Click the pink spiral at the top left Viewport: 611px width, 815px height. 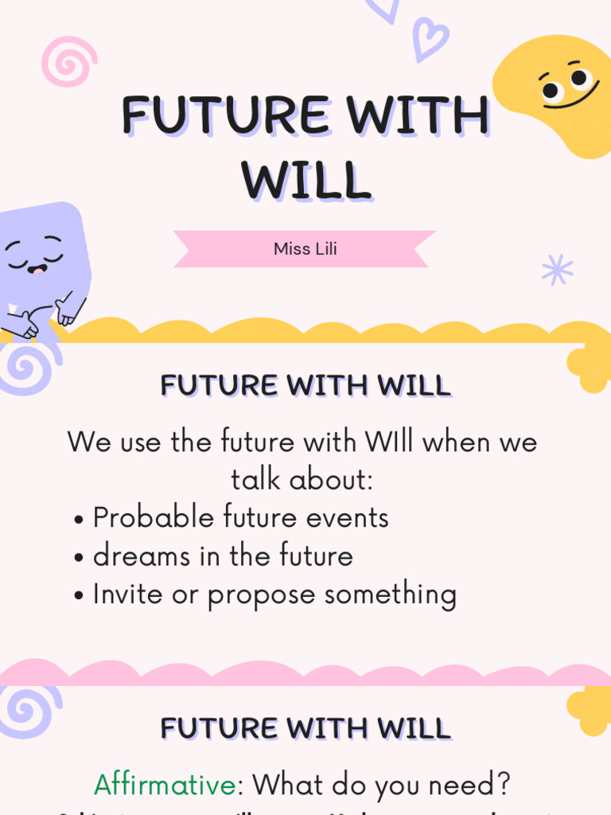coord(69,61)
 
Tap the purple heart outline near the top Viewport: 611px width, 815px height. coord(430,38)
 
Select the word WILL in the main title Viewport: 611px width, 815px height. coord(307,181)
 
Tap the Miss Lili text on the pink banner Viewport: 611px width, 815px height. coord(305,248)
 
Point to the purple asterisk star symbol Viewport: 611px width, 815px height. coord(557,270)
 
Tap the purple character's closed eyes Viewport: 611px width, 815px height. coord(33,253)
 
